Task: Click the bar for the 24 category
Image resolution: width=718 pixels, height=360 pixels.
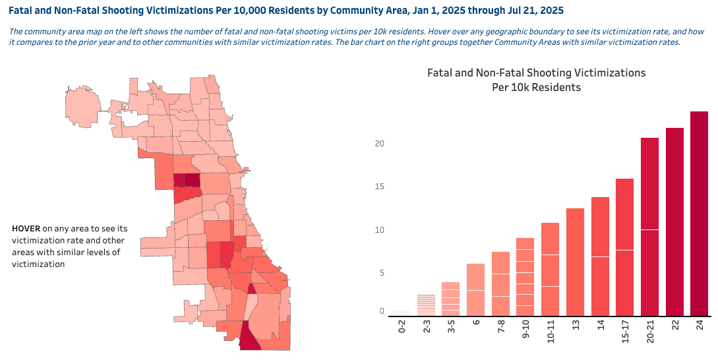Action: (x=699, y=214)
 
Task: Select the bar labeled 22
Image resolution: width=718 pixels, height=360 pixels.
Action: (x=674, y=222)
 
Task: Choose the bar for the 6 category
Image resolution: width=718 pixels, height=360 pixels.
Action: (x=475, y=289)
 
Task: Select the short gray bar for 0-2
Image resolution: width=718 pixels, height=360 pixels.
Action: (x=401, y=313)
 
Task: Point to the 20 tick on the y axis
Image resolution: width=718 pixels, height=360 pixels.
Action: (x=379, y=144)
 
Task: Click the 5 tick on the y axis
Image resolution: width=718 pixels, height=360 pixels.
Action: (x=381, y=273)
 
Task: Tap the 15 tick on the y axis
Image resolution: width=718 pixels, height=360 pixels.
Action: (x=379, y=187)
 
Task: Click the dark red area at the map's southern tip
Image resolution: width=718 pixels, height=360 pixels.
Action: (x=249, y=338)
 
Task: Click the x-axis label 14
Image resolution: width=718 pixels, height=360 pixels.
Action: (x=600, y=327)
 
